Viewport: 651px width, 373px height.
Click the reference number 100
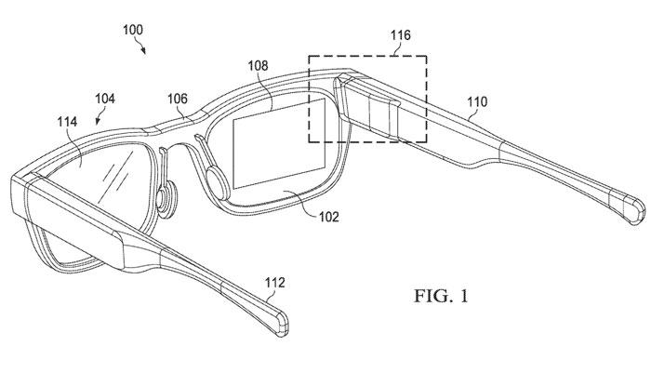pyautogui.click(x=133, y=30)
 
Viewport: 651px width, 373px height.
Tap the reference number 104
pyautogui.click(x=105, y=99)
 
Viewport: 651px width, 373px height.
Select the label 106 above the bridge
pyautogui.click(x=178, y=99)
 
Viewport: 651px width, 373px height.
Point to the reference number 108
pyautogui.click(x=259, y=66)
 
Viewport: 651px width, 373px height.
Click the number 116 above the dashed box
pyautogui.click(x=401, y=35)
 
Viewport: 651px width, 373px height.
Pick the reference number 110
pyautogui.click(x=477, y=101)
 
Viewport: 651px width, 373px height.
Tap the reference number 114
pyautogui.click(x=67, y=122)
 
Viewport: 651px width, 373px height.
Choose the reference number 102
pyautogui.click(x=329, y=217)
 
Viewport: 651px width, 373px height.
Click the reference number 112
pyautogui.click(x=275, y=283)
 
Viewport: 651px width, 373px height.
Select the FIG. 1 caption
pyautogui.click(x=441, y=296)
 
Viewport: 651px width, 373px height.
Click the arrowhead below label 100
pyautogui.click(x=143, y=50)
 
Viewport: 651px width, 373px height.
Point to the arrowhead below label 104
pyautogui.click(x=98, y=121)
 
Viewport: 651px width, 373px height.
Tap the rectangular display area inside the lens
pyautogui.click(x=279, y=143)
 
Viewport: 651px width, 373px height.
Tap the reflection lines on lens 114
pyautogui.click(x=117, y=175)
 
